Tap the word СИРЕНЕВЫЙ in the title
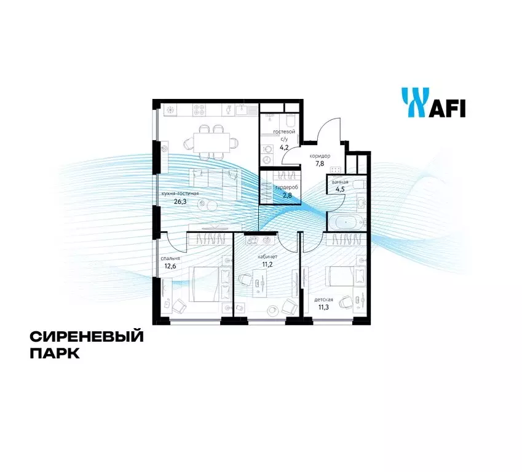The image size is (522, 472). (x=87, y=337)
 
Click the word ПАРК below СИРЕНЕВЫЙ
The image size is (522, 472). (x=55, y=353)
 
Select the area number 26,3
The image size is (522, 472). (x=180, y=201)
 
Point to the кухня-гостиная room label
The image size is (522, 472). (x=180, y=194)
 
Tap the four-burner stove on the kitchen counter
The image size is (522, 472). (x=200, y=110)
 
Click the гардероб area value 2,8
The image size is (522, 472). (x=287, y=195)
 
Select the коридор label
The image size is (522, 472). (x=320, y=155)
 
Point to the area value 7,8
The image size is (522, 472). (x=320, y=163)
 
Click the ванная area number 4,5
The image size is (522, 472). (x=340, y=190)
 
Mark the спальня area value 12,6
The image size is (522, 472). (x=170, y=265)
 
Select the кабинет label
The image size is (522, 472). (x=267, y=257)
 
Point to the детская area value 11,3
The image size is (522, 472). (x=323, y=307)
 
